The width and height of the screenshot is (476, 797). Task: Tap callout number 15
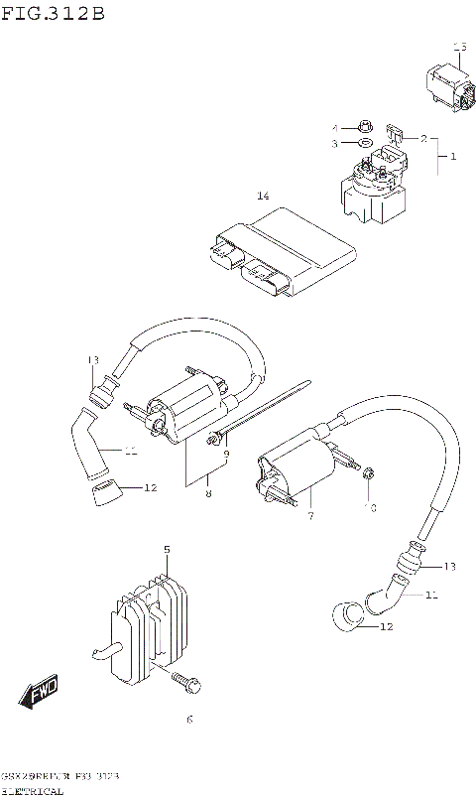[x=459, y=47]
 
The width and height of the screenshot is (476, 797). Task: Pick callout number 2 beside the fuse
[x=422, y=139]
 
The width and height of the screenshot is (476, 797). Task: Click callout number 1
[x=453, y=157]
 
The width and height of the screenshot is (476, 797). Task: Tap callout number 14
[x=263, y=196]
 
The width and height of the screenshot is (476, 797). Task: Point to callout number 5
[x=167, y=549]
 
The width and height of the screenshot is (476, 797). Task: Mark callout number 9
[x=226, y=455]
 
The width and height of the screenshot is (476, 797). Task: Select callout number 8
[x=208, y=493]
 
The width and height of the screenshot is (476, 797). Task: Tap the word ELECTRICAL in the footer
[x=34, y=791]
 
